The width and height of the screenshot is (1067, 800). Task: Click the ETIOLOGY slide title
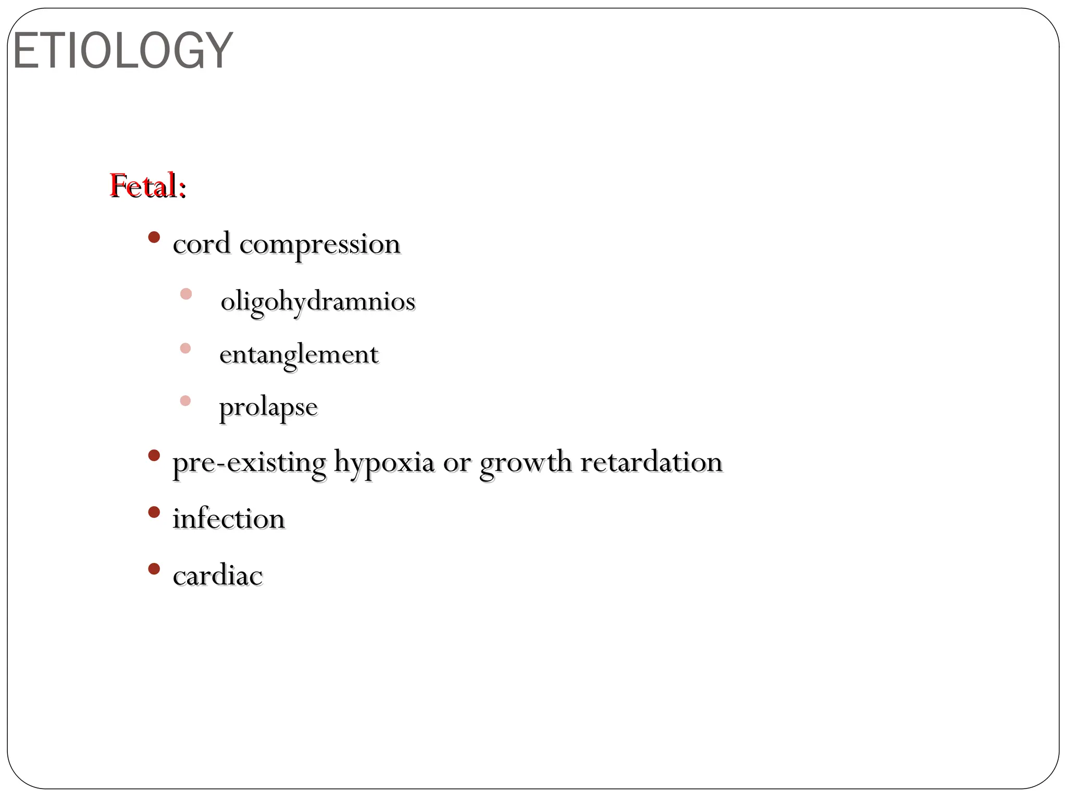[122, 51]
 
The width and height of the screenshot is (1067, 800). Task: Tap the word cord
[202, 244]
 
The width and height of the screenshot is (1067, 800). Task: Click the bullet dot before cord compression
[154, 238]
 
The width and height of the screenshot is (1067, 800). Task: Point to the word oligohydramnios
[318, 302]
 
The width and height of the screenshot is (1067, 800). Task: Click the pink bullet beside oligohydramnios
[186, 294]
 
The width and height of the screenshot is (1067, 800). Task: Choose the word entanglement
[299, 355]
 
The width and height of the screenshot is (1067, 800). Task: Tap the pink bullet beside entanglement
[185, 348]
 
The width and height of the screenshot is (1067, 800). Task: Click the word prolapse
[268, 407]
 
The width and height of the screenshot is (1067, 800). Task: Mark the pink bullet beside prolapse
[185, 401]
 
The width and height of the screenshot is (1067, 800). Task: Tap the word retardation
[651, 462]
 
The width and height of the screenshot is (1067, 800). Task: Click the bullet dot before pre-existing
[154, 456]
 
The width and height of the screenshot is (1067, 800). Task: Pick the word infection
[229, 519]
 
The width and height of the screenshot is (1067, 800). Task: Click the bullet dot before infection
[154, 512]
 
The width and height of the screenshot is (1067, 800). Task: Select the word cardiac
[218, 576]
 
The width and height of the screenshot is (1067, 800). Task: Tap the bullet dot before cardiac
[154, 569]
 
